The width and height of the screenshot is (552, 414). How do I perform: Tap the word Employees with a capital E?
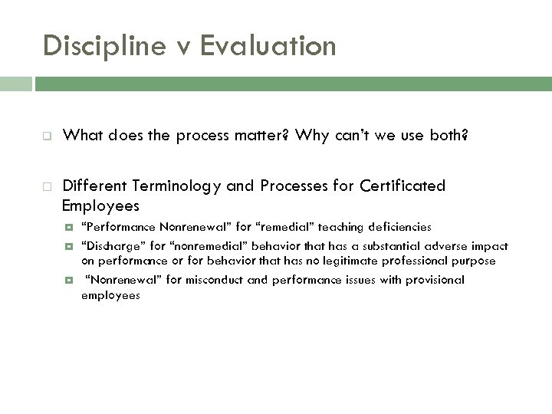point(101,205)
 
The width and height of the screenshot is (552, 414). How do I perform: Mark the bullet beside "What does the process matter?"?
point(48,136)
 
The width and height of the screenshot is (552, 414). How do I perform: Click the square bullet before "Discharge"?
point(70,247)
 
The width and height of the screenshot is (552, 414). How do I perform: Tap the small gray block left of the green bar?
point(16,84)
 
